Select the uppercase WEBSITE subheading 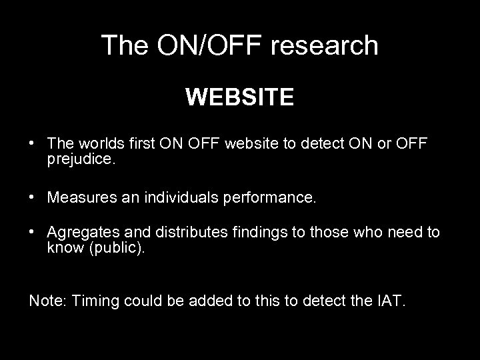239,97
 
